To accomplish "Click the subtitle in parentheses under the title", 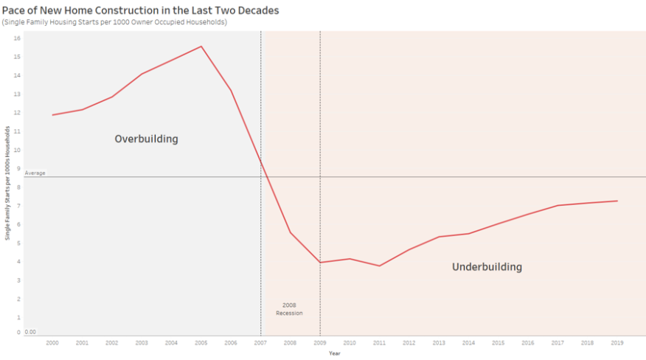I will click(x=114, y=22).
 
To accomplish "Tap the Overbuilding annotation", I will click(x=146, y=139).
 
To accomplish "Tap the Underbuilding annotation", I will click(x=487, y=267).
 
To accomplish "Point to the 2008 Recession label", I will click(x=289, y=309).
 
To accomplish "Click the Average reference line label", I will click(x=35, y=173).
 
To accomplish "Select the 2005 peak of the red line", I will click(x=201, y=46).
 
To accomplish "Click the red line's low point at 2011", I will click(x=379, y=266).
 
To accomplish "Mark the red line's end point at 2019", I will click(x=617, y=201).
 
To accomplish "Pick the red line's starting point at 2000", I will click(x=52, y=114).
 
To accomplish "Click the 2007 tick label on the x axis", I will click(x=260, y=343).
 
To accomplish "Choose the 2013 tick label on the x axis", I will click(x=439, y=343).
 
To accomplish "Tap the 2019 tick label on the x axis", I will click(x=617, y=343).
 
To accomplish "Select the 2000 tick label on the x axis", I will click(x=52, y=343).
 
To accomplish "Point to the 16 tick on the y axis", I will click(x=17, y=38).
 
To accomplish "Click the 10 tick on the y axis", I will click(x=17, y=149).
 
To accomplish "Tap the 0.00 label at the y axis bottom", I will click(x=30, y=332).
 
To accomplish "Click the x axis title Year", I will click(x=335, y=353).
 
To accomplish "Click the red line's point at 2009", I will click(x=320, y=262).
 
